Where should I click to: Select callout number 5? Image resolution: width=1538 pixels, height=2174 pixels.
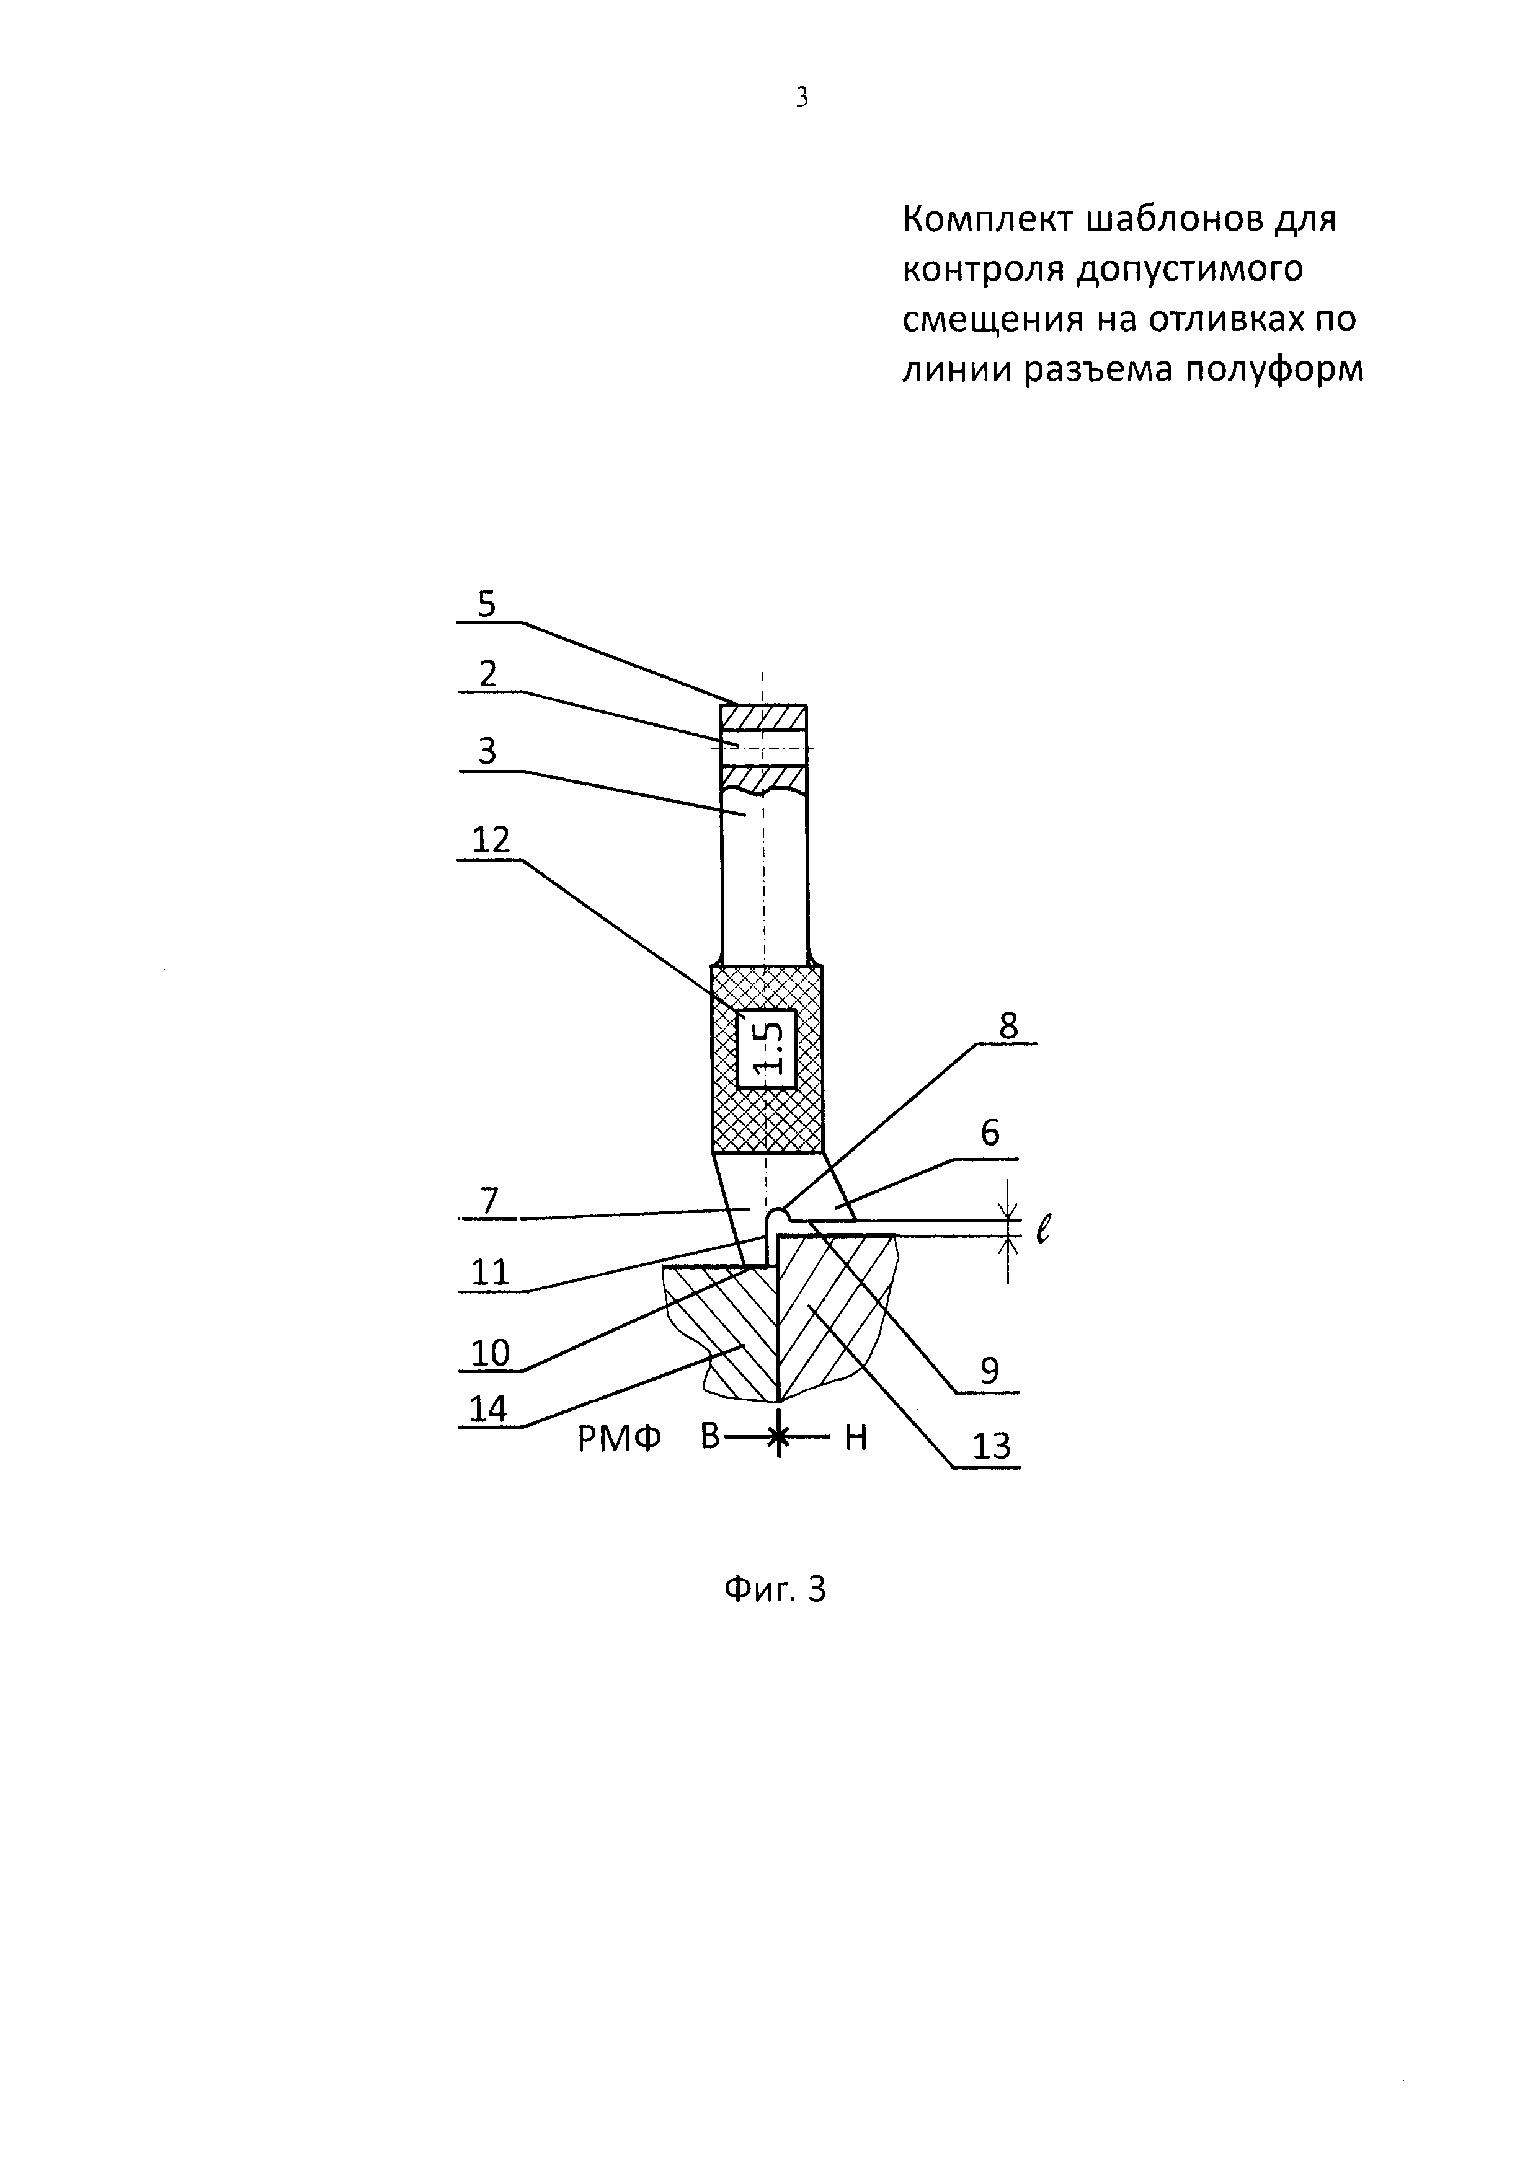[x=487, y=603]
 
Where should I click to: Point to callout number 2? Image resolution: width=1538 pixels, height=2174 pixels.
[x=487, y=674]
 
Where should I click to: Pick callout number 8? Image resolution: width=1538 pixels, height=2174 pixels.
[x=1008, y=1025]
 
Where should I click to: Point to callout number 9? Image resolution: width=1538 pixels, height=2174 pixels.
[x=990, y=1370]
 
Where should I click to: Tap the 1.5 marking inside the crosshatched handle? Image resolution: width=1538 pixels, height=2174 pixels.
[x=767, y=1048]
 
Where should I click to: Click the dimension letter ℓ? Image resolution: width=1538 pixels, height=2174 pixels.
[x=1042, y=1229]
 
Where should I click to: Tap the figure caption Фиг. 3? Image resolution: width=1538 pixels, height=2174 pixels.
[x=775, y=1589]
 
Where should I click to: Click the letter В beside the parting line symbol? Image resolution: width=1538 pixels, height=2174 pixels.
[x=710, y=1438]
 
